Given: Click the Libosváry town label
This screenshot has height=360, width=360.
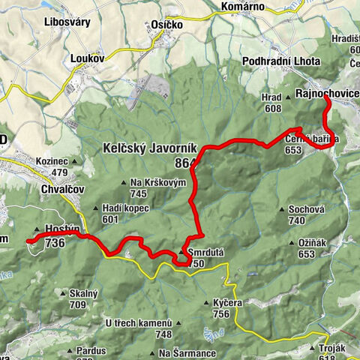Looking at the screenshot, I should pyautogui.click(x=67, y=22).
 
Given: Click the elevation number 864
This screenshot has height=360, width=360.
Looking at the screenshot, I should pyautogui.click(x=183, y=163).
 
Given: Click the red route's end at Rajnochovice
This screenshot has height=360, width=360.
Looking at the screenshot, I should pyautogui.click(x=326, y=104).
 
